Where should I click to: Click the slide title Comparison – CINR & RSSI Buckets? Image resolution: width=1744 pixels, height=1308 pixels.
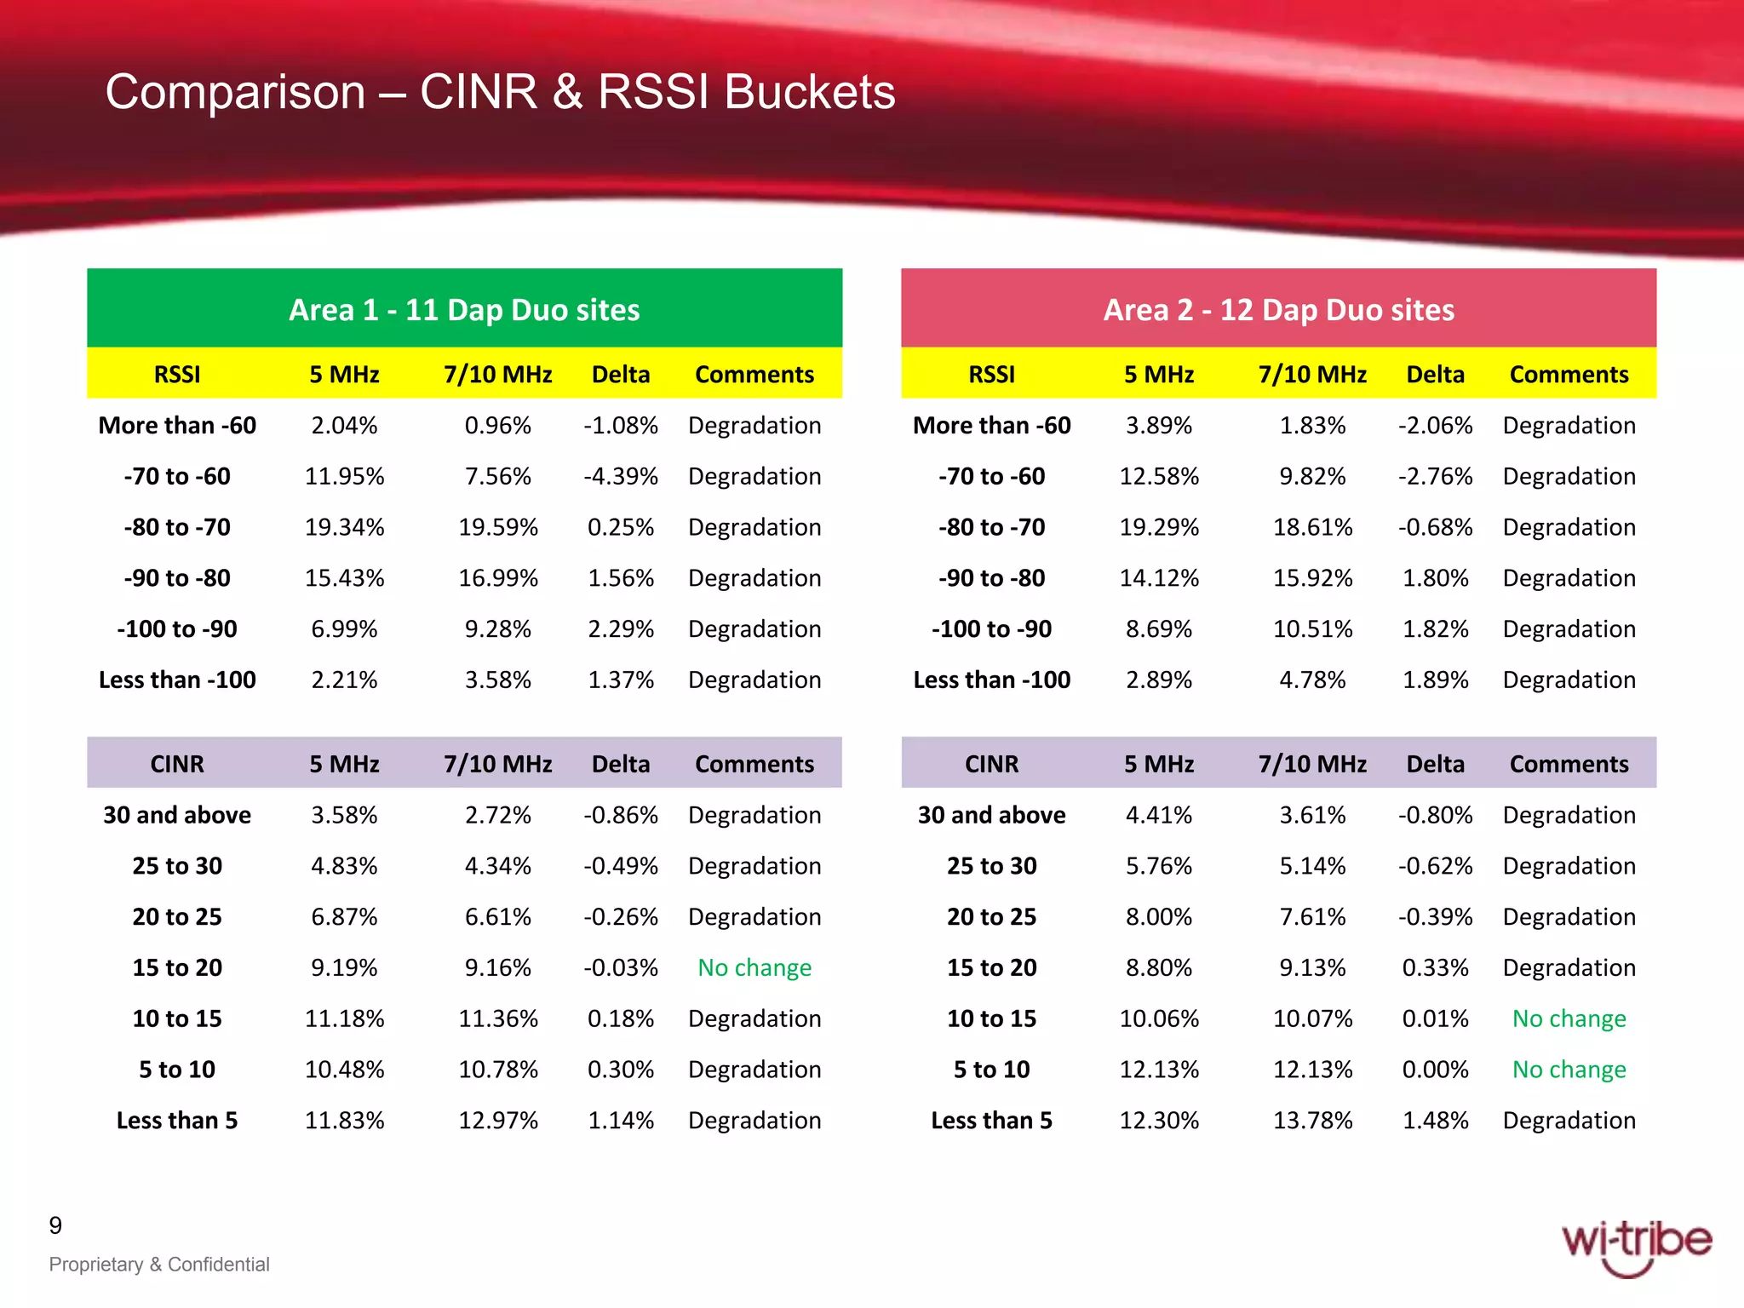pos(500,92)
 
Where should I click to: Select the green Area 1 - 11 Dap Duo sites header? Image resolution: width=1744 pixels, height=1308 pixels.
pos(464,309)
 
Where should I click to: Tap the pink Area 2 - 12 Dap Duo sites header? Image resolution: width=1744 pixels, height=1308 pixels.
pos(1278,309)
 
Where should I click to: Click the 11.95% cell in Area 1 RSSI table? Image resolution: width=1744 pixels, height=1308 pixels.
pos(344,476)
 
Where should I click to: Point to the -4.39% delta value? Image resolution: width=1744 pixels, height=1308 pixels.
pos(620,476)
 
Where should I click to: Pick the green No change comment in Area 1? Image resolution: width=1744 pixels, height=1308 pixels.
pos(754,967)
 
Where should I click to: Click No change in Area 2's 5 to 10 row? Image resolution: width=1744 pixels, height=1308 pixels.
pos(1569,1069)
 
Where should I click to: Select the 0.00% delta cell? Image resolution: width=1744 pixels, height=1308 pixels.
pos(1435,1069)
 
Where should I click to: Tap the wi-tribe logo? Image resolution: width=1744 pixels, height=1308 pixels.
pos(1635,1246)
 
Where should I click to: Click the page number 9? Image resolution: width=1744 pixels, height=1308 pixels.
pos(55,1225)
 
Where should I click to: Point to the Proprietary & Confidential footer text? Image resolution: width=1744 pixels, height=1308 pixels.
pos(159,1265)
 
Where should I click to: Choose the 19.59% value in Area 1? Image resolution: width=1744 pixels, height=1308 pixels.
pos(498,527)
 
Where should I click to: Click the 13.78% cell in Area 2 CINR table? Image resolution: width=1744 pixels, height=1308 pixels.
pos(1312,1120)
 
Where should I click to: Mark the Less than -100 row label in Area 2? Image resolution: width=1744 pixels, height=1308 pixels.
pos(991,680)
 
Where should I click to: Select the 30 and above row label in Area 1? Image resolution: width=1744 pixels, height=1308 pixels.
pos(177,815)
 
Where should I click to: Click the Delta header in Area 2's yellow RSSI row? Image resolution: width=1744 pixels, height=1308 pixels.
pos(1435,374)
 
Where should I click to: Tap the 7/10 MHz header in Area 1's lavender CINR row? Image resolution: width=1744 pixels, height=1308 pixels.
pos(498,764)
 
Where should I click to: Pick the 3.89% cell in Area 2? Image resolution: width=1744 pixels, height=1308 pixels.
pos(1158,425)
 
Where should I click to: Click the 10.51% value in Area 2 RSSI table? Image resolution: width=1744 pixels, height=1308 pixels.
pos(1312,628)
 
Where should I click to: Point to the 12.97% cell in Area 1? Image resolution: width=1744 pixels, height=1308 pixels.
pos(498,1120)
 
